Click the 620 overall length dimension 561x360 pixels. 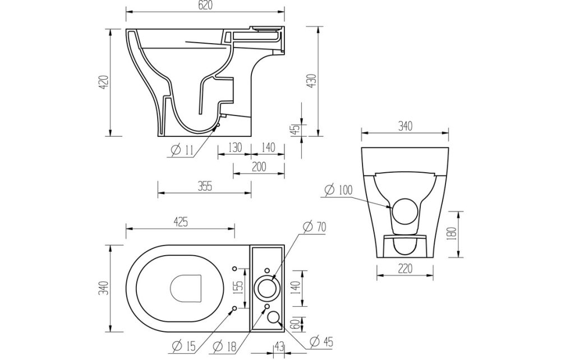click(x=205, y=5)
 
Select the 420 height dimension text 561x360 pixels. click(x=103, y=83)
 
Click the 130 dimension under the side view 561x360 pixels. click(x=234, y=147)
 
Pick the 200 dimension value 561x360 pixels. click(x=259, y=167)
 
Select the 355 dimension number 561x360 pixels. click(x=205, y=187)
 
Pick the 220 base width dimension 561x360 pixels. click(x=404, y=269)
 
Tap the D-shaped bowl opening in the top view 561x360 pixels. click(x=185, y=288)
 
